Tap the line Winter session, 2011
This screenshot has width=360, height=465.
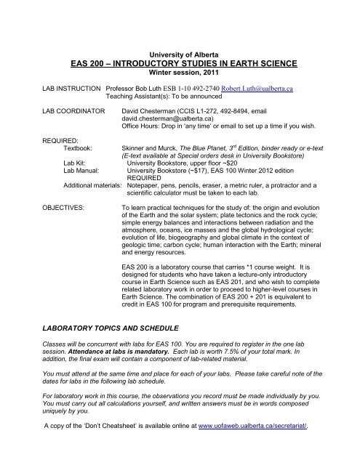pyautogui.click(x=179, y=73)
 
